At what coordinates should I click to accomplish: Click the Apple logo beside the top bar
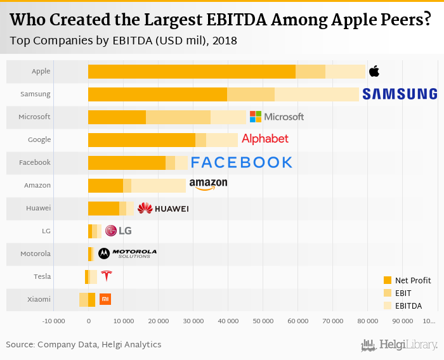(374, 70)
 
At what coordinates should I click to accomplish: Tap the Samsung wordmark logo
(400, 94)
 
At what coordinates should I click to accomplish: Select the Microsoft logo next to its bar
(277, 117)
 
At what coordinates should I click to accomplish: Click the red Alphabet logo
(265, 139)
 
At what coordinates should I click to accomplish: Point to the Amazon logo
(207, 184)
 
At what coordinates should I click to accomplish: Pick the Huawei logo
(163, 208)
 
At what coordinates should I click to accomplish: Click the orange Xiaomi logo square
(105, 299)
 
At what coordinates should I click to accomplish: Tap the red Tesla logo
(106, 276)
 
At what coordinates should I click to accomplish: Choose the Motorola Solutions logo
(127, 253)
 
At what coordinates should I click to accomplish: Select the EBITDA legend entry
(407, 305)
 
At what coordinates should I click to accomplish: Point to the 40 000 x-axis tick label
(228, 321)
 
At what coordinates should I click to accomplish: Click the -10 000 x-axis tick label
(54, 321)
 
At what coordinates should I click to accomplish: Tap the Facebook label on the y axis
(35, 162)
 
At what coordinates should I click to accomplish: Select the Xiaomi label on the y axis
(39, 299)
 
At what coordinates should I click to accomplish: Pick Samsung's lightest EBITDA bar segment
(317, 94)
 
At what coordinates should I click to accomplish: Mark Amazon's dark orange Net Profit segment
(105, 185)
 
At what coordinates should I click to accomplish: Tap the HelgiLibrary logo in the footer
(400, 345)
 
